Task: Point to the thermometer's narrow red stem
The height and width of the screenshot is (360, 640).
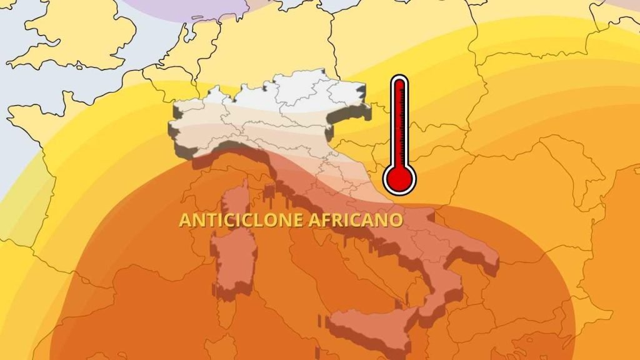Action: point(399,119)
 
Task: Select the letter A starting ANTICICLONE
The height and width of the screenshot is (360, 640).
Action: point(184,220)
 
